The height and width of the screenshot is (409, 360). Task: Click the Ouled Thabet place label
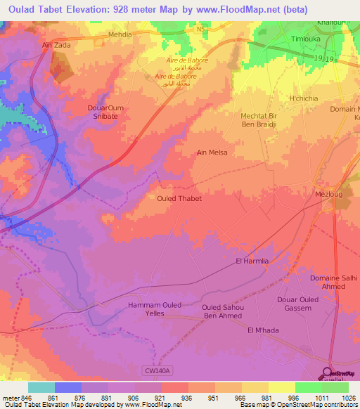click(179, 199)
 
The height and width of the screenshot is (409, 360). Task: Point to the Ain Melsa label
click(212, 152)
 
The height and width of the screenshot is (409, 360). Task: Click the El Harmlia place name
click(252, 261)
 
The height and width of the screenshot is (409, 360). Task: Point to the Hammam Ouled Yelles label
click(155, 309)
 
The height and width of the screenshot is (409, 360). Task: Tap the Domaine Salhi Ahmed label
click(334, 282)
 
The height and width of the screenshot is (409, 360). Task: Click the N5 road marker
click(202, 29)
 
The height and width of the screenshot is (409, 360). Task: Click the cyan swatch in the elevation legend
click(41, 387)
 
